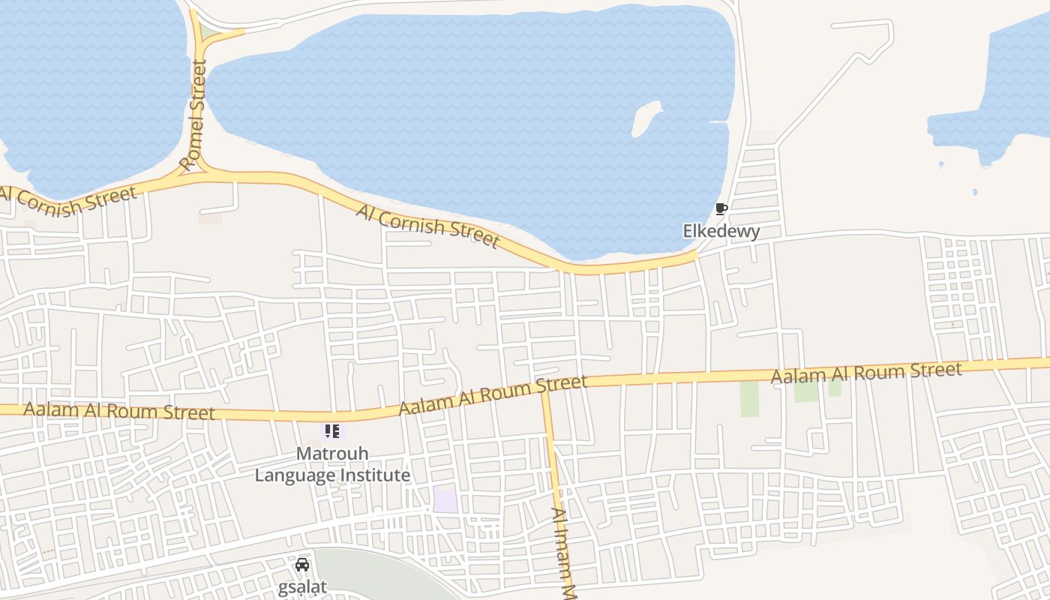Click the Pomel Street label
tap(193, 116)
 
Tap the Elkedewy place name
tap(721, 231)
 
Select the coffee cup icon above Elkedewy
tap(721, 208)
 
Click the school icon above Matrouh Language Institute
tap(331, 431)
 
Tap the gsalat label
tap(302, 586)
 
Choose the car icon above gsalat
tap(302, 565)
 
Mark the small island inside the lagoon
tap(645, 118)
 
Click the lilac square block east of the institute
tap(445, 500)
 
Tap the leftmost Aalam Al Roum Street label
tap(118, 411)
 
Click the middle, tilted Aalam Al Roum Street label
tap(493, 395)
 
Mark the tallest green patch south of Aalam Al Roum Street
tap(749, 399)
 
